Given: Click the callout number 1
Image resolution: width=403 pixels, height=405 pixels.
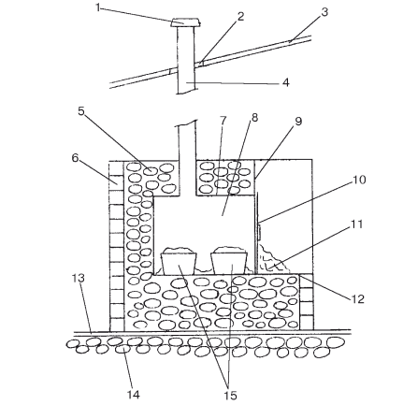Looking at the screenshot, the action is click(x=98, y=7).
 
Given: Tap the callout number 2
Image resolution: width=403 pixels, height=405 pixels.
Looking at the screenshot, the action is click(x=240, y=17).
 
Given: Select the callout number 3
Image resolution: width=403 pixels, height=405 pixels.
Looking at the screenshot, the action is click(x=324, y=12).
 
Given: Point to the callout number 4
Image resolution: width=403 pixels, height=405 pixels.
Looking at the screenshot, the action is click(x=285, y=82).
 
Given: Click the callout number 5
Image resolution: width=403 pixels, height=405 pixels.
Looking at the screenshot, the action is click(x=81, y=111).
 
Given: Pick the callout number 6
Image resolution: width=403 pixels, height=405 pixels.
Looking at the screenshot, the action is click(x=75, y=158).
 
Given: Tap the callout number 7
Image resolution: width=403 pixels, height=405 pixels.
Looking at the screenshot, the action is click(x=223, y=120).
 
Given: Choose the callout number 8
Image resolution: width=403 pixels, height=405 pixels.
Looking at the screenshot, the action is click(x=254, y=118).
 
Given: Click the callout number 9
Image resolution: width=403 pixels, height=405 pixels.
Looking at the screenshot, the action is click(x=298, y=122).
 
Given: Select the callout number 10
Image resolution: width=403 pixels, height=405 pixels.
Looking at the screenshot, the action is click(x=359, y=180).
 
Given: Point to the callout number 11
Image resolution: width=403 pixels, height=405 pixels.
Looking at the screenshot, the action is click(x=357, y=224).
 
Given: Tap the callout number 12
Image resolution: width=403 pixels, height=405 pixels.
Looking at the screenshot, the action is click(x=357, y=299).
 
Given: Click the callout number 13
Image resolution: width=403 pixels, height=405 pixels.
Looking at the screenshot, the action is click(x=79, y=278).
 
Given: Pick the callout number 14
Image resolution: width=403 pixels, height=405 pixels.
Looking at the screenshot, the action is click(x=133, y=395).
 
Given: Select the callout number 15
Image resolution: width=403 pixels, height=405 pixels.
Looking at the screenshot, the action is click(x=230, y=395).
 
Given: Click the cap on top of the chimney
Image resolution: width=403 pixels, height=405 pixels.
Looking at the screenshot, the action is click(x=185, y=22).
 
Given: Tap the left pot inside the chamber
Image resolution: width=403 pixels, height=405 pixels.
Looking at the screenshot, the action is click(x=179, y=261).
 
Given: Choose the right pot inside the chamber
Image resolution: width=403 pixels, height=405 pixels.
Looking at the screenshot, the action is click(x=229, y=261).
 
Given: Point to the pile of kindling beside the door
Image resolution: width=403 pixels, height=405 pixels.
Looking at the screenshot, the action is click(x=273, y=259).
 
